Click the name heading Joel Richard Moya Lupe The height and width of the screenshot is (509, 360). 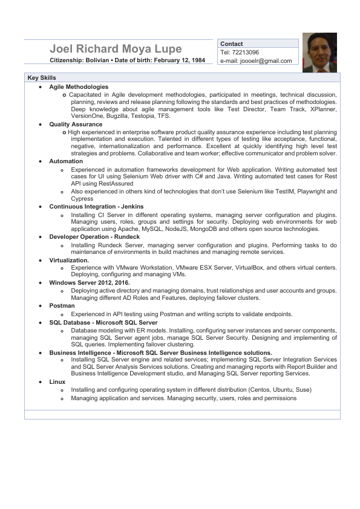[115, 49]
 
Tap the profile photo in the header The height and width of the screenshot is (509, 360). [319, 53]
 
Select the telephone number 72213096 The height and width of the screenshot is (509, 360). [247, 53]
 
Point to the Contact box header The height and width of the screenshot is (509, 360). [232, 44]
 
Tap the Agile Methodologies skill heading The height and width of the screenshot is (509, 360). [79, 87]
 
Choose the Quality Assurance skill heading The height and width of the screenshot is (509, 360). [76, 124]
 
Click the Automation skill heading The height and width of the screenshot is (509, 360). [66, 161]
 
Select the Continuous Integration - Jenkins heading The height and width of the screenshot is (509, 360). [96, 206]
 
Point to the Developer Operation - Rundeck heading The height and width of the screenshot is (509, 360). [94, 236]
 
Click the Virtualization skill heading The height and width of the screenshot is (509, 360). [70, 259]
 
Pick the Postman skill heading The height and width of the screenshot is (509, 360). [62, 306]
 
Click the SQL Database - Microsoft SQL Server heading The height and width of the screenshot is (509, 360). [103, 322]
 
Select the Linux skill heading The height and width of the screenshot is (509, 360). [57, 382]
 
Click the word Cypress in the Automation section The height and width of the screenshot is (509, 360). [82, 198]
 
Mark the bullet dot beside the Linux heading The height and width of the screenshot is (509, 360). [40, 382]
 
